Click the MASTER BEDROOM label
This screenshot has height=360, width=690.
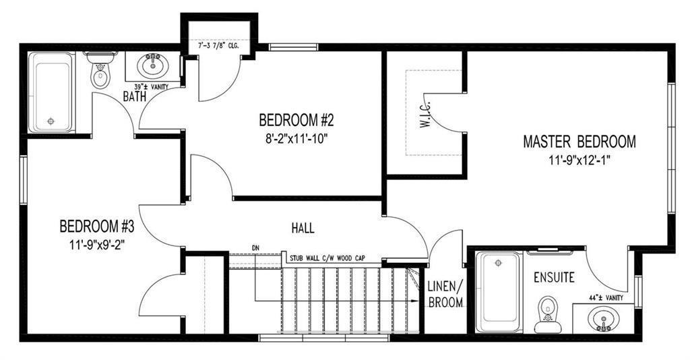coord(579,142)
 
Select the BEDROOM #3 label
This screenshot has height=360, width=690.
coord(96,227)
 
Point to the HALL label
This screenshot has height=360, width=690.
coord(303,228)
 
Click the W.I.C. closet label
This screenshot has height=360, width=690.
coord(425,116)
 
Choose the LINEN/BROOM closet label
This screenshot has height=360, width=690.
coord(445,295)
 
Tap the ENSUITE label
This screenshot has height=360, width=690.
coord(554,278)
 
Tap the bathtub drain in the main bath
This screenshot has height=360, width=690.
coord(51,121)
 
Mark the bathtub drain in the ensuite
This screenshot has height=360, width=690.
coord(498,263)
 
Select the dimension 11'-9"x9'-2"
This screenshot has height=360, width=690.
coord(97,245)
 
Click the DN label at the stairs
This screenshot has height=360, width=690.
coord(255,248)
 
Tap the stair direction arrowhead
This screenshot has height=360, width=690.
coord(414,301)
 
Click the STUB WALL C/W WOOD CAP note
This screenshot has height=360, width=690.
coord(327,258)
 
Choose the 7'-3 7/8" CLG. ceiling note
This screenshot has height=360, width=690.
coord(219,45)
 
